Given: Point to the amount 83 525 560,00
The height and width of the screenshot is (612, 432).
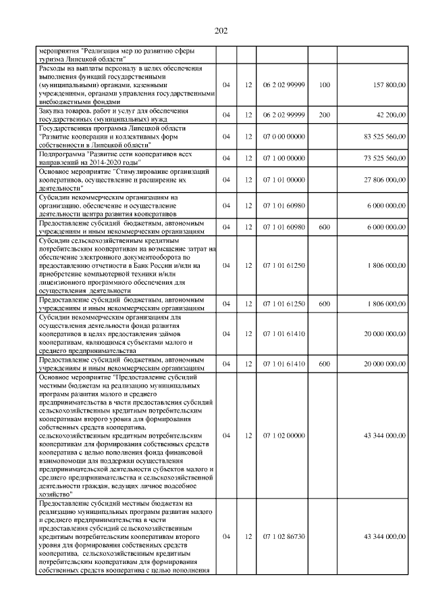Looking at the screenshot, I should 384,137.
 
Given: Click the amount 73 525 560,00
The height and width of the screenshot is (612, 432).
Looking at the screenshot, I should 384,158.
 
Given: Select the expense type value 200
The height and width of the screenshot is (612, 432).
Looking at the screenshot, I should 324,114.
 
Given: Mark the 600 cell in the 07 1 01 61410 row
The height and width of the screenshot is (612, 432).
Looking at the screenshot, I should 324,363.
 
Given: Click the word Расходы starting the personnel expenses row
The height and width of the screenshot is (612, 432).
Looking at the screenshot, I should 53,68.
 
